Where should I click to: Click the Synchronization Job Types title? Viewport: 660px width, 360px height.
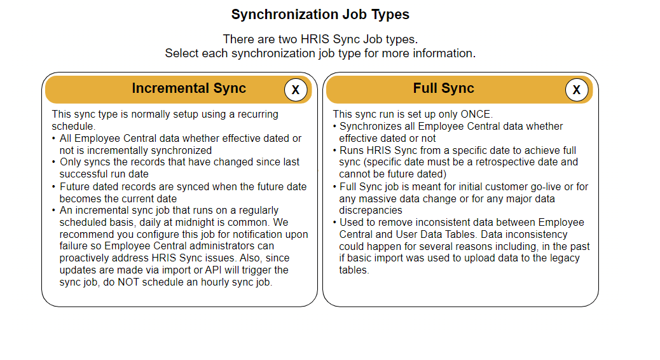[x=320, y=15]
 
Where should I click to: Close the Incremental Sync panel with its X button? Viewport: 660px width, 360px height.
[x=296, y=90]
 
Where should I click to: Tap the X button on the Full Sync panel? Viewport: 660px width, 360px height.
[x=576, y=90]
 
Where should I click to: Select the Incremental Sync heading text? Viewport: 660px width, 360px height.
[x=189, y=88]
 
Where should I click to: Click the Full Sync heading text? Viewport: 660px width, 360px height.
[x=443, y=88]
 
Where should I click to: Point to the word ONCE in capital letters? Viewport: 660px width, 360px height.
[x=476, y=114]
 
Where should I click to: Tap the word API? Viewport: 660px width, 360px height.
[x=213, y=270]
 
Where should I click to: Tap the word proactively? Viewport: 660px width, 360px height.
[x=83, y=258]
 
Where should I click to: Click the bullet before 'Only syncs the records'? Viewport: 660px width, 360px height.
[x=54, y=163]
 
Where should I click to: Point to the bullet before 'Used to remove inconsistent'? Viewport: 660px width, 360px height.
[x=334, y=223]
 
